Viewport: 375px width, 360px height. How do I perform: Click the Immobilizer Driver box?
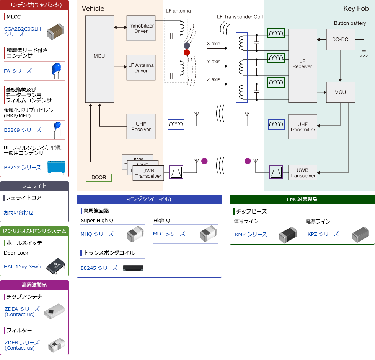[141, 28]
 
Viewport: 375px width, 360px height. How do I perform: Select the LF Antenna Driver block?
[141, 68]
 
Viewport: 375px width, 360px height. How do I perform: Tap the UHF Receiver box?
[141, 126]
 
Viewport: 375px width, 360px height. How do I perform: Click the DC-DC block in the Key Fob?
[340, 39]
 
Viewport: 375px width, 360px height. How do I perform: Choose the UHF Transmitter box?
[302, 126]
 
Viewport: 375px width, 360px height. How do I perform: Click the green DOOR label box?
[99, 177]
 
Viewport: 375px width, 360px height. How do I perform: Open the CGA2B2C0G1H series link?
[22, 31]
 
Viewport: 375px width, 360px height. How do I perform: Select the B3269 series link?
[23, 130]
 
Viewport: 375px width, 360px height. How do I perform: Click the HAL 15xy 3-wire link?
[24, 266]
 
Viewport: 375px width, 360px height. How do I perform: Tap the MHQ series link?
[97, 234]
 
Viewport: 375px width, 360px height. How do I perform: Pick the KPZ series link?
[323, 234]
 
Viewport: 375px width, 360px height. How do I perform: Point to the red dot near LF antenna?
[187, 52]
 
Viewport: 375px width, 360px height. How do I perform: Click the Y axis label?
[214, 62]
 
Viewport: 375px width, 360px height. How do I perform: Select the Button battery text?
[350, 23]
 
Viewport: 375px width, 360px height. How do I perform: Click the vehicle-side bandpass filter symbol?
[176, 172]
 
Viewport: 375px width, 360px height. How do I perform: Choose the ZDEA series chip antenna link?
[22, 311]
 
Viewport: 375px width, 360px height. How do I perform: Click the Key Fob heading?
[356, 9]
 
